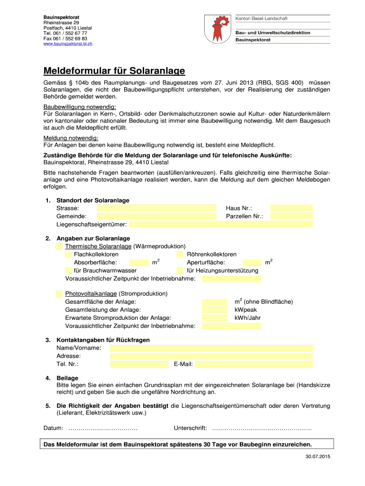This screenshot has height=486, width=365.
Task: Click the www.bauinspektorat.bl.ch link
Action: point(68,44)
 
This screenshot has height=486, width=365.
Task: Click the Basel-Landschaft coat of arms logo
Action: point(218,29)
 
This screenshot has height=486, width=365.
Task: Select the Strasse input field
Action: point(156,208)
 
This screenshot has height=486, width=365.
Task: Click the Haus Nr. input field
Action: point(291,208)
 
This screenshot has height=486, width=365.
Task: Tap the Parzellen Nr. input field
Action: point(291,216)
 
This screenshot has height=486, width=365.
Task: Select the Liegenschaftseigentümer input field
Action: point(220,224)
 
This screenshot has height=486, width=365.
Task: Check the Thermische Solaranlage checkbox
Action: point(59,246)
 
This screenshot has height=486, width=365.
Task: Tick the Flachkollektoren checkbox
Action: point(68,254)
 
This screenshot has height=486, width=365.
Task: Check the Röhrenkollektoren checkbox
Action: point(180,254)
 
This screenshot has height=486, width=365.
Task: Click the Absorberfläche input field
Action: point(139,262)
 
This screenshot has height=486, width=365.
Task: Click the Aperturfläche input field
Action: point(252,262)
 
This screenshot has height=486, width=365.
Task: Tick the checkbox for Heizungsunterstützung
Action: point(180,271)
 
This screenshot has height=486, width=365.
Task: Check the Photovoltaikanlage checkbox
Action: point(59,293)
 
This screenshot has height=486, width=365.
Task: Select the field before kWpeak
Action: point(214,309)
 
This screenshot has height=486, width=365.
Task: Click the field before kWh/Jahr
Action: point(214,318)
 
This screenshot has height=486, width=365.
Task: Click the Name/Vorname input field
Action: point(211,348)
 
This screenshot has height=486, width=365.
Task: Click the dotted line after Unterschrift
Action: point(262,429)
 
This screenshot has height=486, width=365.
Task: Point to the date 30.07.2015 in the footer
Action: point(318,457)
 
